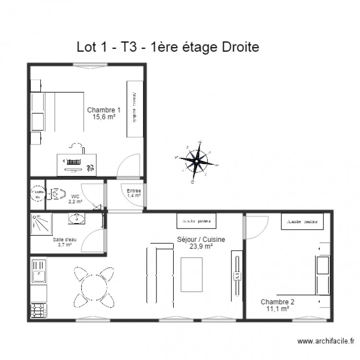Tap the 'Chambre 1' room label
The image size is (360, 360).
tap(104, 110)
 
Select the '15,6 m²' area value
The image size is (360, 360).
tap(104, 117)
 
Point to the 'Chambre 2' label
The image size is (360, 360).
tap(277, 302)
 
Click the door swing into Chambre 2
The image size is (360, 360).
tap(256, 228)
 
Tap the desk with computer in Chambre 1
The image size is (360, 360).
tap(76, 163)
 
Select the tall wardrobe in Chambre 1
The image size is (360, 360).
tap(135, 109)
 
